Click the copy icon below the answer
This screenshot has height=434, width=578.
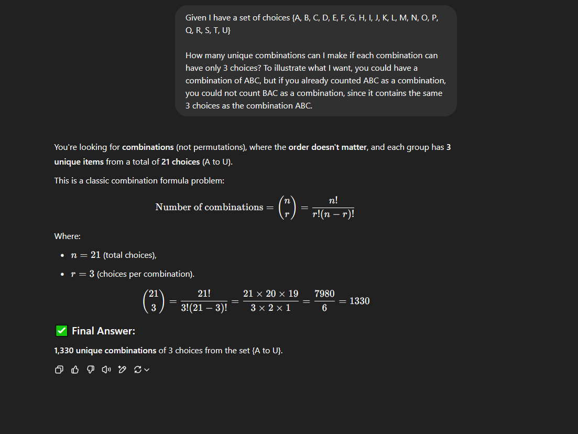pos(59,370)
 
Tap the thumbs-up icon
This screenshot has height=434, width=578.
pos(75,370)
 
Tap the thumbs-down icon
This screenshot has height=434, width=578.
pos(91,370)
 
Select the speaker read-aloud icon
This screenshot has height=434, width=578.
pos(106,370)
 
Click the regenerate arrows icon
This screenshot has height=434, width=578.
pos(138,370)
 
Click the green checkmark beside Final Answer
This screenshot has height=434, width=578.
pos(61,331)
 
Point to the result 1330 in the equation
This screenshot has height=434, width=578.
pos(359,301)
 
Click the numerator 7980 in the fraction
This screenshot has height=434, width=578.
pos(324,294)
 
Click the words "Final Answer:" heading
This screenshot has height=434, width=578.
pos(103,331)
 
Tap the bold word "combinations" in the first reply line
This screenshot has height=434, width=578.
pos(148,147)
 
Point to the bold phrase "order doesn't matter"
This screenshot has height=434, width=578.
pos(328,147)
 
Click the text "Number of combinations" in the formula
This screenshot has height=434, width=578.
pos(209,207)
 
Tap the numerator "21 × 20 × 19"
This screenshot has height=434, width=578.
pos(270,294)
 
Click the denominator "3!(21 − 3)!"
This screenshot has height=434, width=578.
pos(204,308)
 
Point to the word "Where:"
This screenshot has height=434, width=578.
pos(67,236)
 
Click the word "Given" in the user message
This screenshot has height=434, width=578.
pos(196,18)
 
